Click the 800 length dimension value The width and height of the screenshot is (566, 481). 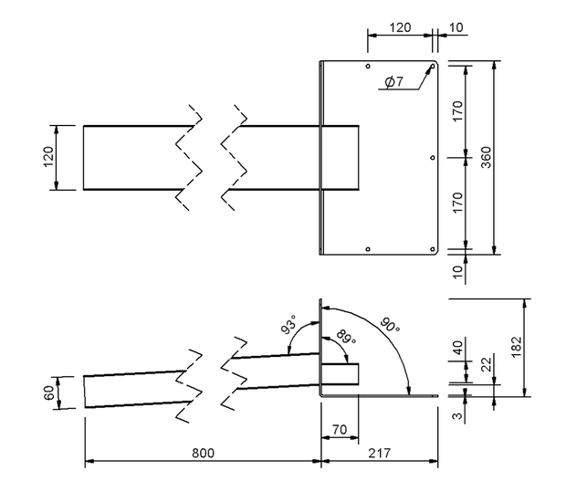(x=203, y=453)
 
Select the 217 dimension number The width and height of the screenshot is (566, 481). (x=380, y=453)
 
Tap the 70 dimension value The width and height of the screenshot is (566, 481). (x=340, y=429)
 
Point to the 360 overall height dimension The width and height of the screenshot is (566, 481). (x=487, y=157)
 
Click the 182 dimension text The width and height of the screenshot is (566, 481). (x=517, y=347)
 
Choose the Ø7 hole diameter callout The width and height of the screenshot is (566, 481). (x=393, y=82)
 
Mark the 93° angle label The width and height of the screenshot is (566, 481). (x=289, y=324)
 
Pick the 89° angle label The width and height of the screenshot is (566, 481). (x=346, y=338)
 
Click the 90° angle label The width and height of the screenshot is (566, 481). (x=390, y=325)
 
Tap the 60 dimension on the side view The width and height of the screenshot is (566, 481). (x=49, y=392)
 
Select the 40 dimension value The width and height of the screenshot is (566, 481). (x=457, y=348)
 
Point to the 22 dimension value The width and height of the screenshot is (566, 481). (x=487, y=364)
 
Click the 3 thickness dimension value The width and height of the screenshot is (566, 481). (x=457, y=416)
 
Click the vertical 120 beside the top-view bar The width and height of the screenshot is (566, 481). (x=48, y=157)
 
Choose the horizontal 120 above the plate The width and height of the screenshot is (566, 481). (x=400, y=27)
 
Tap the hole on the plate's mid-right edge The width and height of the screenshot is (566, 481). (x=433, y=157)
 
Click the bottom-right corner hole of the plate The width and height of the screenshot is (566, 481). (x=433, y=249)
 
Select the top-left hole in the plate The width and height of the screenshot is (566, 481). (x=368, y=66)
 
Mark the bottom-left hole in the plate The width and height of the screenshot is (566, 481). (x=368, y=249)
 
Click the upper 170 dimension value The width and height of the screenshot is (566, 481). (x=457, y=111)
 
